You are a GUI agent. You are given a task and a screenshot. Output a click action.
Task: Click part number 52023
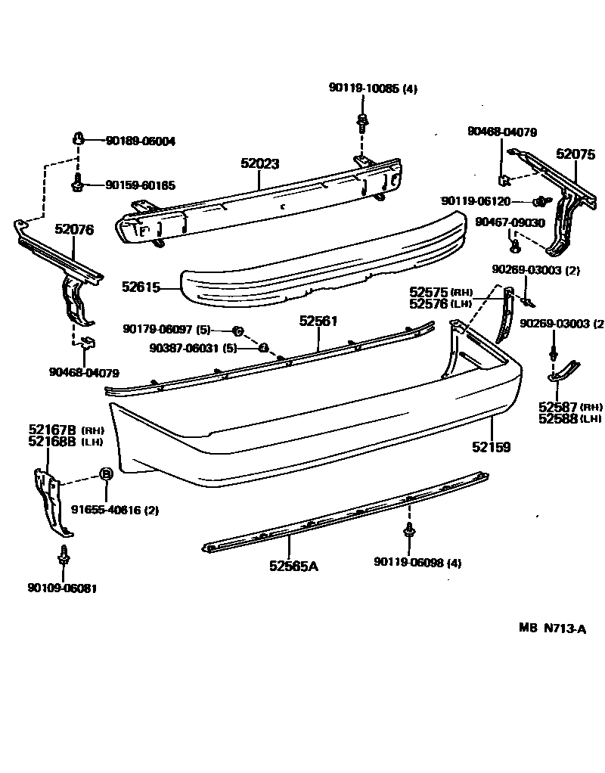pyautogui.click(x=261, y=163)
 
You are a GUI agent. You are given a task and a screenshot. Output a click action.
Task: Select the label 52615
pyautogui.click(x=141, y=287)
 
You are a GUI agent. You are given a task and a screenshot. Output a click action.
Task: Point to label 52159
pyautogui.click(x=492, y=447)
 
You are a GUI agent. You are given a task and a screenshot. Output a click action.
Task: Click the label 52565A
pyautogui.click(x=293, y=565)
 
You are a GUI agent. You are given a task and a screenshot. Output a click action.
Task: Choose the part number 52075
pyautogui.click(x=576, y=154)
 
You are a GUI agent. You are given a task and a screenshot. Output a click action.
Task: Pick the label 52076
pyautogui.click(x=74, y=230)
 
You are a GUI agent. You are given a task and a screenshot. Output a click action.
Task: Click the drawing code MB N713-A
pyautogui.click(x=552, y=628)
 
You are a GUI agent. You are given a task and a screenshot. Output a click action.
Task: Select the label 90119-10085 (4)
pyautogui.click(x=373, y=88)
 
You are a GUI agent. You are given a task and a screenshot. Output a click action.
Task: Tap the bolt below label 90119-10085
pyautogui.click(x=362, y=120)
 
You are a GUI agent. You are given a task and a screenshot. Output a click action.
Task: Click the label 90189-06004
pyautogui.click(x=140, y=141)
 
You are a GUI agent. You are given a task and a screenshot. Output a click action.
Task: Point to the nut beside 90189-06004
pyautogui.click(x=79, y=138)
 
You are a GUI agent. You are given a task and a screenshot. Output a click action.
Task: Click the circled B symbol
pyautogui.click(x=107, y=474)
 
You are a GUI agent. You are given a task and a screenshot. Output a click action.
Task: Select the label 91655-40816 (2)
pyautogui.click(x=115, y=510)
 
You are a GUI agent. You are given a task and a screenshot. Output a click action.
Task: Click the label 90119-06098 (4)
pyautogui.click(x=417, y=562)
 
